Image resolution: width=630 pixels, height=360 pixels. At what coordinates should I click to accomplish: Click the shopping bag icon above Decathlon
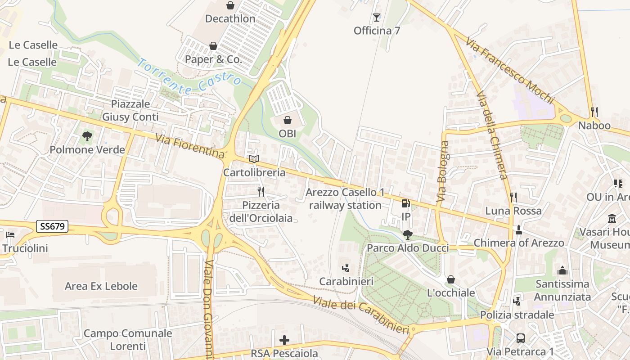230,5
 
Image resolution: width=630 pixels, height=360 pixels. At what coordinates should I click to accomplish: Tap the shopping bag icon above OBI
287,120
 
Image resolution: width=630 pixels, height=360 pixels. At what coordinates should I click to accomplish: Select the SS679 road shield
52,226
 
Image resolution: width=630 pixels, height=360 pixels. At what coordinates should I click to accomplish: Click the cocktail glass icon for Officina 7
377,18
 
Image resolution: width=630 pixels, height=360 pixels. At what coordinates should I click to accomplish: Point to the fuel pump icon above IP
405,203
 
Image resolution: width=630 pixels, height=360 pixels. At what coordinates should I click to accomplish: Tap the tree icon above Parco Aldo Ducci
408,234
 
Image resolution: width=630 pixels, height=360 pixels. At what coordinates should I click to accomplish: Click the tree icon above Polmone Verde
87,136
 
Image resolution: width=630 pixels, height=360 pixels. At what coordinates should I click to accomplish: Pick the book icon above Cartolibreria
254,159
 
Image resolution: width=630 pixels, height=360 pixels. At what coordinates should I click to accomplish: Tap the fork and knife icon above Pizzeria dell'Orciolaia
261,192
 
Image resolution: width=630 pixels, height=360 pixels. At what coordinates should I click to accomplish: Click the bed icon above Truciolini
10,235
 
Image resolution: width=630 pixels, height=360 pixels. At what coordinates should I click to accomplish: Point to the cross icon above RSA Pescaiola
284,340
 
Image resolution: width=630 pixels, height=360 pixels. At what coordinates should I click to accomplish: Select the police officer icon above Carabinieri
346,268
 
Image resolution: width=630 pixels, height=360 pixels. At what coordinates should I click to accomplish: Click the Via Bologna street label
443,171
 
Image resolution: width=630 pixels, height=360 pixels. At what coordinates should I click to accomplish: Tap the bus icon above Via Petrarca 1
521,338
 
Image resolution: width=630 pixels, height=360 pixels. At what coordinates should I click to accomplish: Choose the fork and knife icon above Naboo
594,112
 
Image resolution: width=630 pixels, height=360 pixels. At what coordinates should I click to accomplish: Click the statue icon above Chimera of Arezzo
519,229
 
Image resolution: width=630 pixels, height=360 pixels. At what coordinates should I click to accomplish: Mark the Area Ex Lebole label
101,286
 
